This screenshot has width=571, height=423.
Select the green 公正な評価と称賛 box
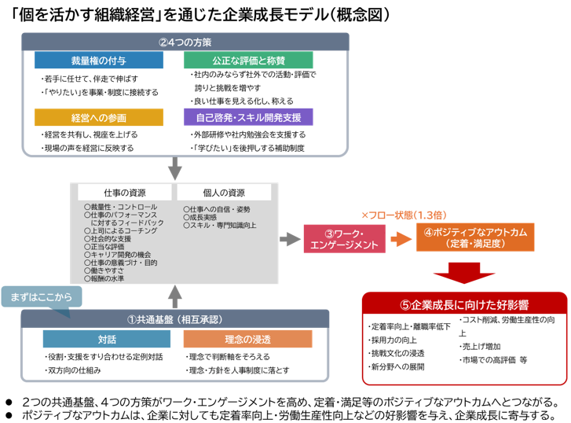click(x=248, y=60)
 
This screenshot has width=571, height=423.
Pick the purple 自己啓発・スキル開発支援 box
click(x=248, y=117)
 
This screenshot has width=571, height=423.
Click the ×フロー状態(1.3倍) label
click(x=404, y=215)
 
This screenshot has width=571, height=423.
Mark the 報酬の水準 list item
click(x=111, y=278)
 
